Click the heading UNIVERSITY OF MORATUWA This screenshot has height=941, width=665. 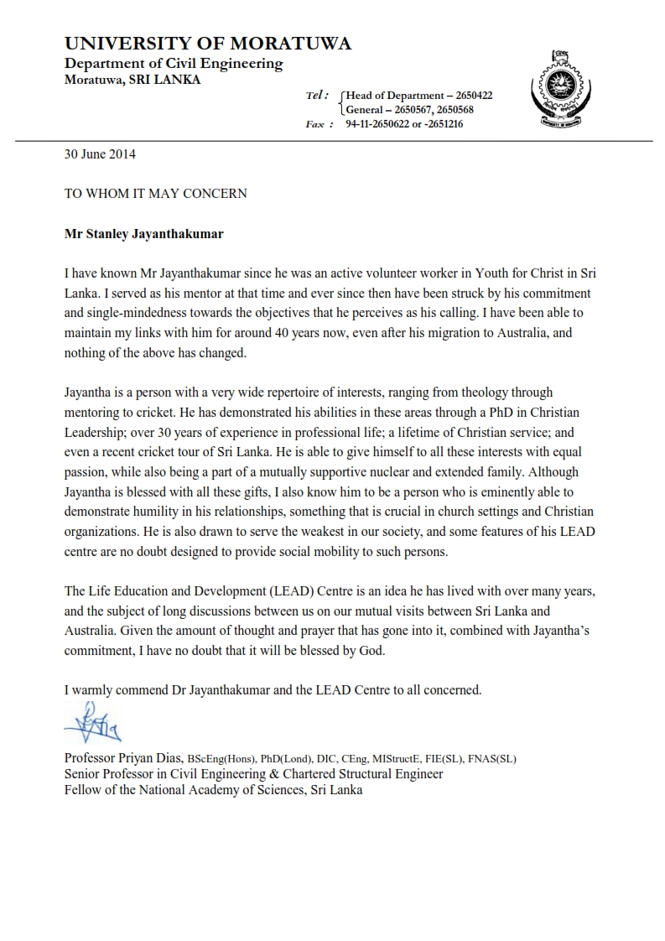pyautogui.click(x=208, y=44)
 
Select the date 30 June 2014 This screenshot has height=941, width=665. pyautogui.click(x=100, y=154)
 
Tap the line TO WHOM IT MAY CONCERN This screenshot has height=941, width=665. pyautogui.click(x=155, y=194)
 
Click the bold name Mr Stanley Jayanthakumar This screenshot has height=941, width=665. pyautogui.click(x=143, y=234)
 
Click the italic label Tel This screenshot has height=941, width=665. pyautogui.click(x=317, y=96)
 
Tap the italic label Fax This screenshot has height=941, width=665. pyautogui.click(x=317, y=124)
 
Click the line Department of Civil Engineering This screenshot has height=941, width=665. pyautogui.click(x=174, y=64)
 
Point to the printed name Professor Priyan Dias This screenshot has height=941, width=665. pyautogui.click(x=123, y=758)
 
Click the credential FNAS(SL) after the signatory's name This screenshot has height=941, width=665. pyautogui.click(x=492, y=759)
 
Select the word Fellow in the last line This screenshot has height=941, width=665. pyautogui.click(x=82, y=789)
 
